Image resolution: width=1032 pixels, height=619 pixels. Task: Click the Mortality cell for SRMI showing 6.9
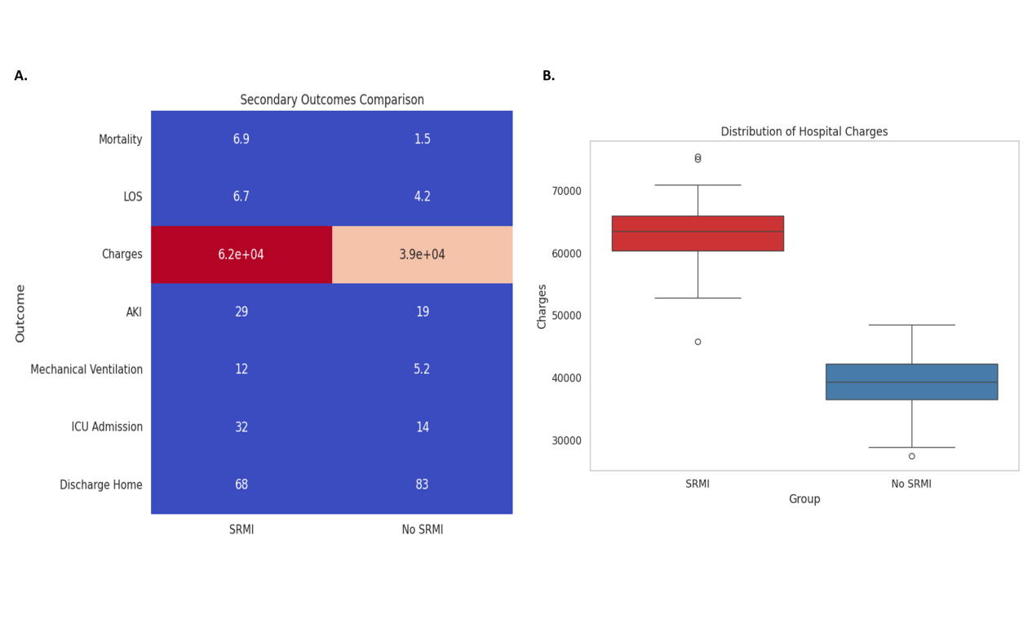pyautogui.click(x=241, y=139)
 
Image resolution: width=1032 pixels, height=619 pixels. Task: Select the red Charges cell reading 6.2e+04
pyautogui.click(x=241, y=254)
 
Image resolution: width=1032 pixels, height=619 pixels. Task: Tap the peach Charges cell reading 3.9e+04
pyautogui.click(x=422, y=254)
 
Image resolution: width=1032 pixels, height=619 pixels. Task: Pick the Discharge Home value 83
pyautogui.click(x=422, y=484)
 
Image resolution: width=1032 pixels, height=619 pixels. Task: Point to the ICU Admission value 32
pyautogui.click(x=241, y=427)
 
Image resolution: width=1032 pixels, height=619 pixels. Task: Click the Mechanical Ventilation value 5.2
pyautogui.click(x=422, y=369)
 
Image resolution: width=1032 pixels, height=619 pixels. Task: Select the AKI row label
pyautogui.click(x=134, y=312)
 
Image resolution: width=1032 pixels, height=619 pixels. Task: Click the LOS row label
pyautogui.click(x=133, y=197)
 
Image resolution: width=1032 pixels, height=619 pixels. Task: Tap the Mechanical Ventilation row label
pyautogui.click(x=86, y=370)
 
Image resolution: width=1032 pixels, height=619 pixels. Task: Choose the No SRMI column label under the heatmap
pyautogui.click(x=422, y=530)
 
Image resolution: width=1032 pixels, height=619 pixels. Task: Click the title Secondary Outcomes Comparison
pyautogui.click(x=332, y=100)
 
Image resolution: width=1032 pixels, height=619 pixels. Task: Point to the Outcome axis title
pyautogui.click(x=20, y=313)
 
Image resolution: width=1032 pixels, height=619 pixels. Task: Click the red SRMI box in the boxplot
pyautogui.click(x=698, y=233)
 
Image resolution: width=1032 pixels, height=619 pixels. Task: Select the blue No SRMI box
pyautogui.click(x=911, y=382)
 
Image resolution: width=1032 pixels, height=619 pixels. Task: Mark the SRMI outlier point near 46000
pyautogui.click(x=698, y=342)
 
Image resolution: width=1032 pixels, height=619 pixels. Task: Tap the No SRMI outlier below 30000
pyautogui.click(x=911, y=456)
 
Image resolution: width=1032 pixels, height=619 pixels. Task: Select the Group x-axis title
pyautogui.click(x=804, y=499)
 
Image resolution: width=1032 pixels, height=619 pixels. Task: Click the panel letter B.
pyautogui.click(x=548, y=76)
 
